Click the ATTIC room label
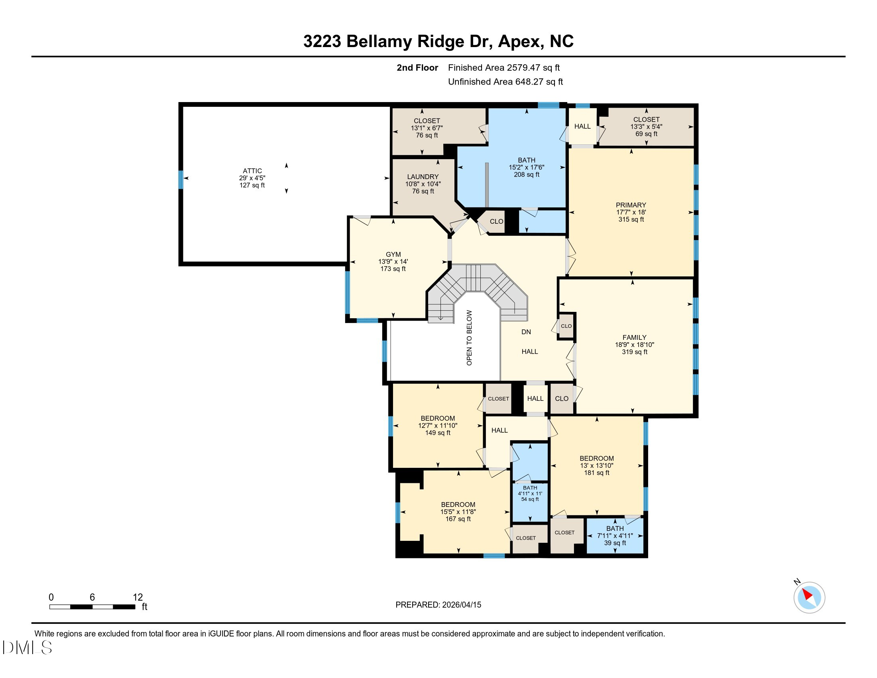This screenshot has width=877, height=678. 252,171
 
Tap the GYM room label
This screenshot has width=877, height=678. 393,254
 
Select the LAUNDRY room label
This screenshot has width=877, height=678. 423,177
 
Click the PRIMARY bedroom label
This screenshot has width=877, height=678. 631,205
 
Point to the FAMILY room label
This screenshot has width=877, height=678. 635,337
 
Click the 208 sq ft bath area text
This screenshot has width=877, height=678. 527,175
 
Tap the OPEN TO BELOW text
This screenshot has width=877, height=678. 469,338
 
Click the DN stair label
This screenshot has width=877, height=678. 526,332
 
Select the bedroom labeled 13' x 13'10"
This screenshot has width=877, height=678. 596,465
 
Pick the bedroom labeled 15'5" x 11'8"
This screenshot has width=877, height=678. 458,512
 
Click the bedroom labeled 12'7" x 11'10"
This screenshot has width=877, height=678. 438,426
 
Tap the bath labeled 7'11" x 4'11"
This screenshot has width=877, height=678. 615,536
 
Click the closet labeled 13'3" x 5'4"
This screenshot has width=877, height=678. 646,126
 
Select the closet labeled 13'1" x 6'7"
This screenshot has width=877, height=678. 427,128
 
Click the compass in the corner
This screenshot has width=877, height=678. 809,598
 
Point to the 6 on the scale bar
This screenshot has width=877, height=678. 92,597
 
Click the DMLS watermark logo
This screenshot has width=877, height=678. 27,647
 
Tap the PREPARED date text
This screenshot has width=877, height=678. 438,605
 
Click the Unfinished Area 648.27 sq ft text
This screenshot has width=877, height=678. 505,82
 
